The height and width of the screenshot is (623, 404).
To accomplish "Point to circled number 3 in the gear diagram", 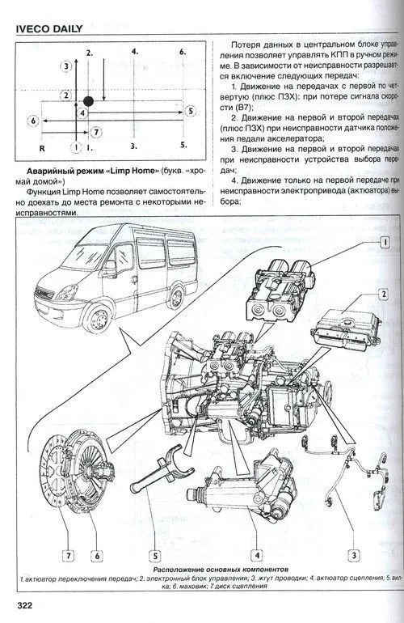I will pyautogui.click(x=65, y=64).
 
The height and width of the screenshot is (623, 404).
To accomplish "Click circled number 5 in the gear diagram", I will pyautogui.click(x=189, y=110).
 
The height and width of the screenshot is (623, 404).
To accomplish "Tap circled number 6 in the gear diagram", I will pyautogui.click(x=33, y=121).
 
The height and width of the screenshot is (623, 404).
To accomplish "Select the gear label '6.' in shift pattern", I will pyautogui.click(x=183, y=51).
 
